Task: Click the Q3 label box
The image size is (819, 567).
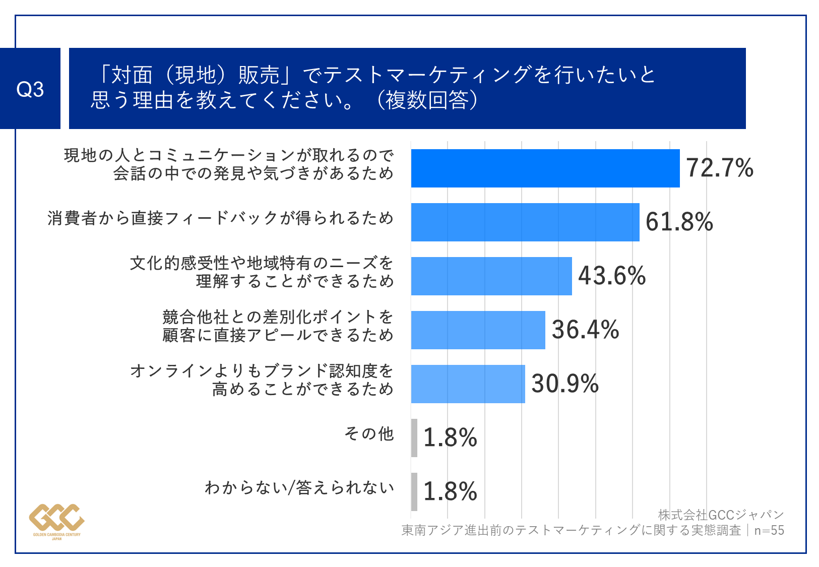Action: (30, 89)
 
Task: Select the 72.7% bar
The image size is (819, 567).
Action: (545, 168)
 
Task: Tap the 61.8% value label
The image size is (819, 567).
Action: (679, 222)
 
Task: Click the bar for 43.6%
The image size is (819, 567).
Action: (491, 276)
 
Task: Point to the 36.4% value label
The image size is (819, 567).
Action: (585, 330)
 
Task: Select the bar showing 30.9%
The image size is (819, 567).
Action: (468, 384)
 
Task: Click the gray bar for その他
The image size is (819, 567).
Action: (414, 438)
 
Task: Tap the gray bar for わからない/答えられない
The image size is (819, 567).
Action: (414, 492)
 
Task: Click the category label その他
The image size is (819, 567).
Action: (368, 434)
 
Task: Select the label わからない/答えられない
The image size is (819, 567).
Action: (299, 488)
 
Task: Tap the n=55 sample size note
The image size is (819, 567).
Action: (769, 531)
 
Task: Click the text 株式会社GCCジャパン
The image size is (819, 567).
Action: (721, 515)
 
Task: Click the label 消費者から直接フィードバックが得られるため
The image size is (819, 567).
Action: (220, 218)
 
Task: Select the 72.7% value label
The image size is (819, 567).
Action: (719, 168)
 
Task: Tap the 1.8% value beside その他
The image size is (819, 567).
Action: (450, 438)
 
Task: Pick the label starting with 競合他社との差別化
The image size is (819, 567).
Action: (277, 326)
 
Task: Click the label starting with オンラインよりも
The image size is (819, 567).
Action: (262, 380)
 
